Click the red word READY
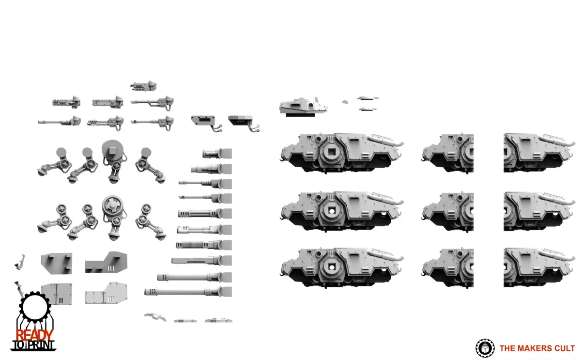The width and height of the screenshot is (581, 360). coord(34,335)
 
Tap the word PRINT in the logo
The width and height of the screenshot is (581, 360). coord(41,345)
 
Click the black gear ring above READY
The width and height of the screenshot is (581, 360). coord(35,307)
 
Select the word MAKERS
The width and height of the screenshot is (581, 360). coord(536,348)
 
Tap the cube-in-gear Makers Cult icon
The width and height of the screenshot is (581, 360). coord(485,348)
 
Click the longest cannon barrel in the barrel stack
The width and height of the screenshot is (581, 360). coord(188,292)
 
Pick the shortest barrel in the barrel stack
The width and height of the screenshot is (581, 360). coord(217,154)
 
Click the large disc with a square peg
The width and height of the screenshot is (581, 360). coord(112,150)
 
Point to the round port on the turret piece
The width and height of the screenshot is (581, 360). coord(310,105)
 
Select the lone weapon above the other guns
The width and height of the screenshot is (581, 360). coord(143,86)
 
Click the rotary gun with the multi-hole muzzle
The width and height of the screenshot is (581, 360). coord(105,122)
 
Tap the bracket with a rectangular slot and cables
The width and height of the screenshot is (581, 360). coord(206,123)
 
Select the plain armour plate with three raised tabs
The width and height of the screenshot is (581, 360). coord(57,264)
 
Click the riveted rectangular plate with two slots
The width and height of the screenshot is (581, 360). coord(57,294)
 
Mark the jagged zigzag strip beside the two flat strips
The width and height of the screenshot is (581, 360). coord(155,317)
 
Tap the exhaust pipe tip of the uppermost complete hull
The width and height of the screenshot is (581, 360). coord(401,143)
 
